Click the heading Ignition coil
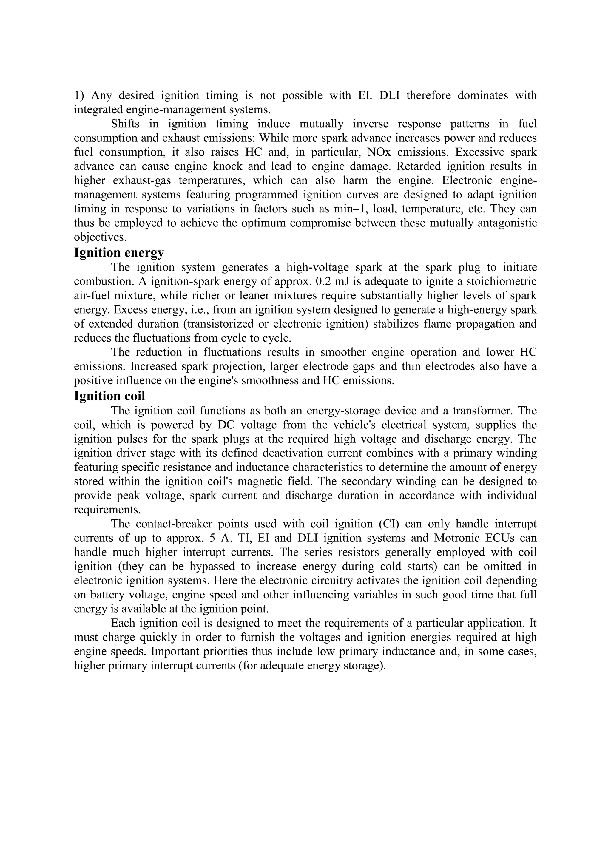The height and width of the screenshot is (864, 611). [x=109, y=396]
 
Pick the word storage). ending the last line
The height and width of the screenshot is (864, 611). [x=365, y=666]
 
